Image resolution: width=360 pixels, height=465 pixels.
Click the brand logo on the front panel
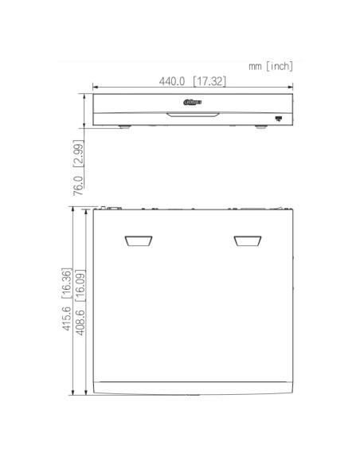(x=194, y=100)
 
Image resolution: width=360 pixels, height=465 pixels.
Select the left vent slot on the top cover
(x=138, y=241)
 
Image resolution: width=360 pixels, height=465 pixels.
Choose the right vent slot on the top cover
(x=248, y=241)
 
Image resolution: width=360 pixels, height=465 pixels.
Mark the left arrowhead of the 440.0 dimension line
(x=95, y=89)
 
